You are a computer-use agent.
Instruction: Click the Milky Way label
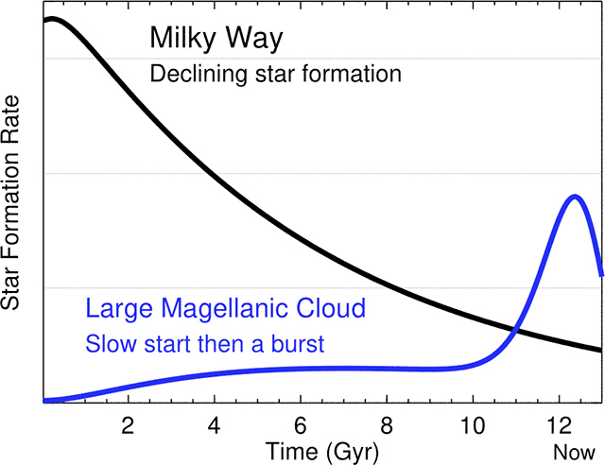pos(216,40)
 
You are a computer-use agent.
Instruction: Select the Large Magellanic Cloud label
pos(225,308)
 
